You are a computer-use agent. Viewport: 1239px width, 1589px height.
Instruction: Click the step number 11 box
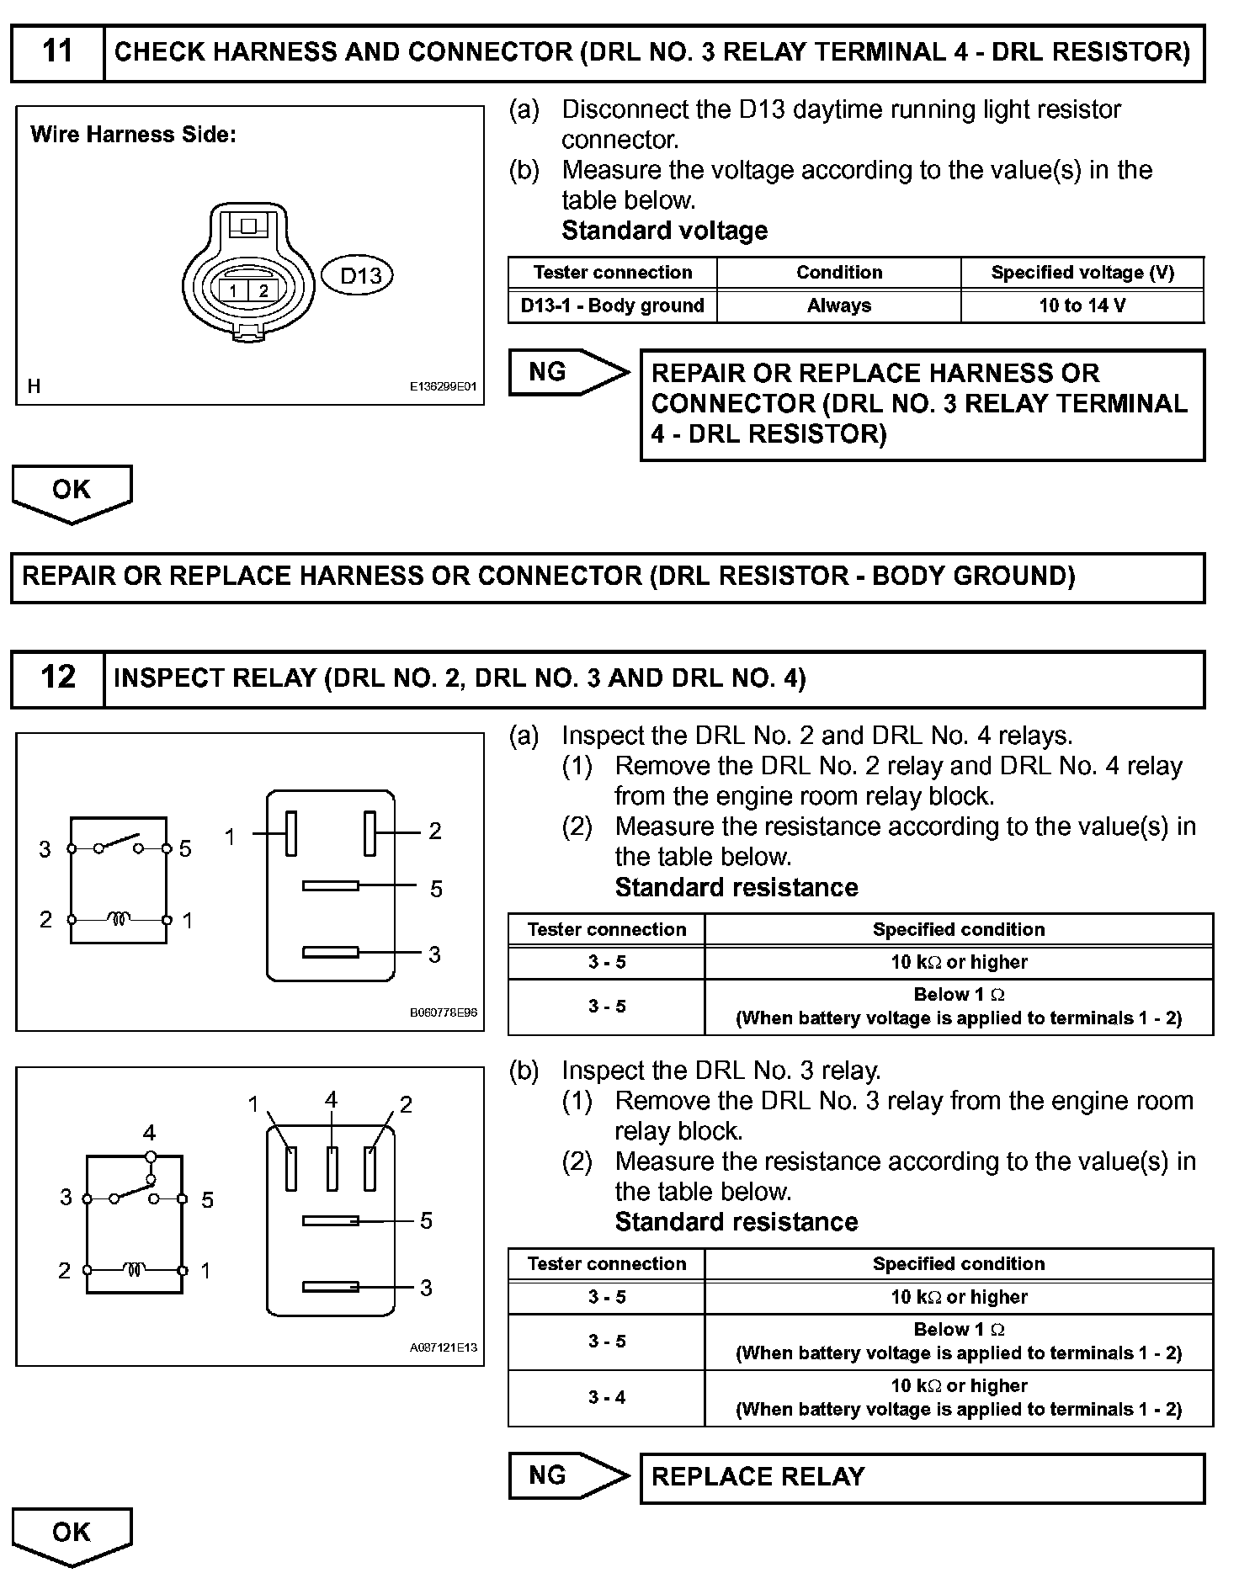(x=57, y=52)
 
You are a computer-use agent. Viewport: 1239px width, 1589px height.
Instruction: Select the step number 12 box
(x=57, y=678)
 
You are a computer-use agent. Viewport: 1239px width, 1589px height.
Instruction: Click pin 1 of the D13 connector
(x=234, y=291)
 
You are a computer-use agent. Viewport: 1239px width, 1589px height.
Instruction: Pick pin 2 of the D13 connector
(x=263, y=291)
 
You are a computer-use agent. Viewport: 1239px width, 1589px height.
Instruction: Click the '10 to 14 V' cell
(x=1082, y=306)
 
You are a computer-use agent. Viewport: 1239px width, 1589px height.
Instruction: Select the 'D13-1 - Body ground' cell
(x=612, y=306)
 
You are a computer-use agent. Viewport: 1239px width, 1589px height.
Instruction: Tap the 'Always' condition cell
(x=838, y=306)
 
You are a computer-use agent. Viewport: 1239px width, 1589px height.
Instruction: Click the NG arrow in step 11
(x=568, y=372)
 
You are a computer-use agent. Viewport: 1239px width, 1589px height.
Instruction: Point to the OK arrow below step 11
(x=72, y=492)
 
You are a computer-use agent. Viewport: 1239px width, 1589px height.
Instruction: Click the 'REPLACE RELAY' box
(x=922, y=1477)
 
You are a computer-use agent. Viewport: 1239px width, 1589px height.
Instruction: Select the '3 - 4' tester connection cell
(x=606, y=1397)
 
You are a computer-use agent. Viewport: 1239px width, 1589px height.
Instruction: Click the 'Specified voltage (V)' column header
(x=1082, y=273)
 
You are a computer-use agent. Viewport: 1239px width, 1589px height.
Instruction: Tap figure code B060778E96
(x=443, y=1012)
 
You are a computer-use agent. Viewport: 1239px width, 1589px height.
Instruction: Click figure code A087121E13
(x=443, y=1347)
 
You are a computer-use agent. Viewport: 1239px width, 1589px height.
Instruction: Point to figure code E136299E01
(x=443, y=387)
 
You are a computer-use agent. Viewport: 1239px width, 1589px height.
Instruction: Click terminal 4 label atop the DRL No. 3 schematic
(x=149, y=1133)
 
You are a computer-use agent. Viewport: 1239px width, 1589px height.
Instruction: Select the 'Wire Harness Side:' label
(x=133, y=135)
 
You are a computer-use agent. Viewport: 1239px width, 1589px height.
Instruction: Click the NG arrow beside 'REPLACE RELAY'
(x=568, y=1475)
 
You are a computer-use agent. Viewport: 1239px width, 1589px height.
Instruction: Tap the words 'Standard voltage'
(x=664, y=231)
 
